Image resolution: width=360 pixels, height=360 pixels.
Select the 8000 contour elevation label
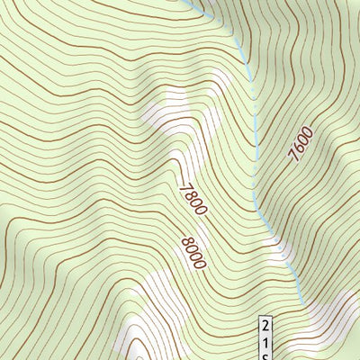pos(193,253)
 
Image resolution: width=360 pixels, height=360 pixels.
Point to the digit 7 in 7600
pos(292,157)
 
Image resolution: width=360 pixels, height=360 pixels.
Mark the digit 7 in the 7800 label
pos(184,186)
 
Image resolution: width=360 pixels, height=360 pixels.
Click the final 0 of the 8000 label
pos(201,265)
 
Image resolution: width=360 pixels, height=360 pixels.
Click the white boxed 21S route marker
pos(266,338)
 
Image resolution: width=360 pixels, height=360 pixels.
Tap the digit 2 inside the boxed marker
pos(266,326)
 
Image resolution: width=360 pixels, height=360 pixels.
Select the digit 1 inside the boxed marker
pos(266,340)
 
